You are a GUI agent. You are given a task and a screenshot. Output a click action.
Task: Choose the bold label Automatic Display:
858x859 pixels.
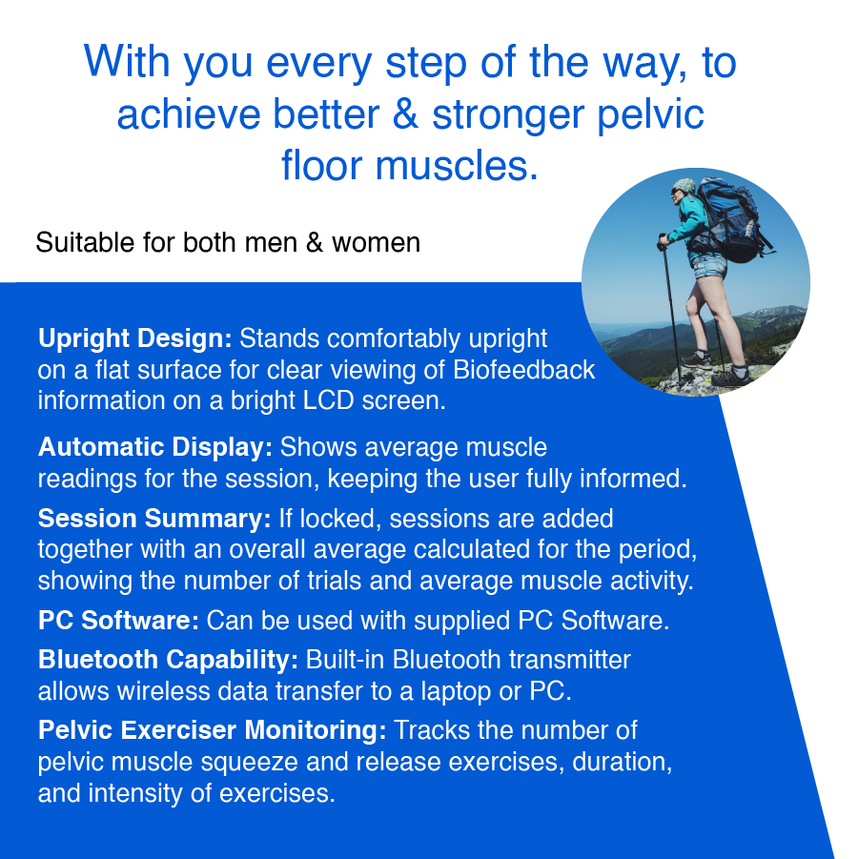[155, 447]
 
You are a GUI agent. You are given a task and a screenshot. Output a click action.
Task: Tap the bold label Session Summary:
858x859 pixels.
[154, 519]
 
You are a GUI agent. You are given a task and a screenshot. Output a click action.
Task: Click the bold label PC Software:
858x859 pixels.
[118, 621]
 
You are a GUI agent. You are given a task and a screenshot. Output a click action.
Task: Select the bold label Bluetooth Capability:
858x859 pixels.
[169, 660]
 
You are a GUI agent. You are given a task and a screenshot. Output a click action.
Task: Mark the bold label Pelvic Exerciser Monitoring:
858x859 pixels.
[212, 731]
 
